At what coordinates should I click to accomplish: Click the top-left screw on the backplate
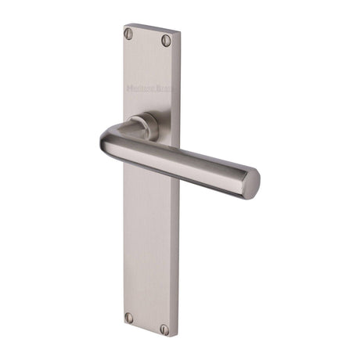point(128,33)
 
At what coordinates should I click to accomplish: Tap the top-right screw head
point(165,41)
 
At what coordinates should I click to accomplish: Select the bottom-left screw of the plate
point(129,318)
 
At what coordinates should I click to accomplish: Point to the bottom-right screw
point(164,329)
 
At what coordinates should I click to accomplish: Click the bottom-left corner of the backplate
point(124,322)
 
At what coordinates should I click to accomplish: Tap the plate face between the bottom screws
point(147,323)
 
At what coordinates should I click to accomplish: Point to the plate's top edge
point(153,31)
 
